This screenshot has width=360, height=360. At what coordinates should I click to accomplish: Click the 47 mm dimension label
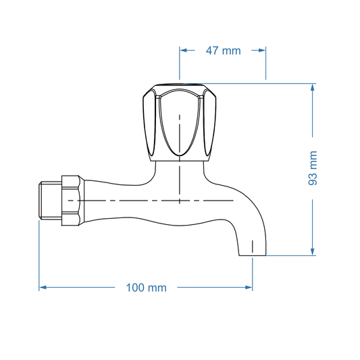click(222, 51)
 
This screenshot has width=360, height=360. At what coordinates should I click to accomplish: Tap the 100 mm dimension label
click(147, 288)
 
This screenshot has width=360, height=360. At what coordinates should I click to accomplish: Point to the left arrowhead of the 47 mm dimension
click(183, 50)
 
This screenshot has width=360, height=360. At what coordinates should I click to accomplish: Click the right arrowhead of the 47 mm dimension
click(262, 50)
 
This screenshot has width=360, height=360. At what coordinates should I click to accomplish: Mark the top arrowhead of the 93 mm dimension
click(313, 88)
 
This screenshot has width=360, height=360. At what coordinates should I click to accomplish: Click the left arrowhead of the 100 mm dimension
click(43, 287)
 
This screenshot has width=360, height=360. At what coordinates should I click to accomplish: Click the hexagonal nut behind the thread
click(72, 201)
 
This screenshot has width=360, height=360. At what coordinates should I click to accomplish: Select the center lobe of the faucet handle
click(179, 125)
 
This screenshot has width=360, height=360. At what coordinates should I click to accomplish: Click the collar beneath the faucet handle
click(179, 164)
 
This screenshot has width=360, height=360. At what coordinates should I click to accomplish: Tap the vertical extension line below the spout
click(253, 274)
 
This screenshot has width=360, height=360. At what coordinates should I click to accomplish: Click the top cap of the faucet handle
click(179, 88)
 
